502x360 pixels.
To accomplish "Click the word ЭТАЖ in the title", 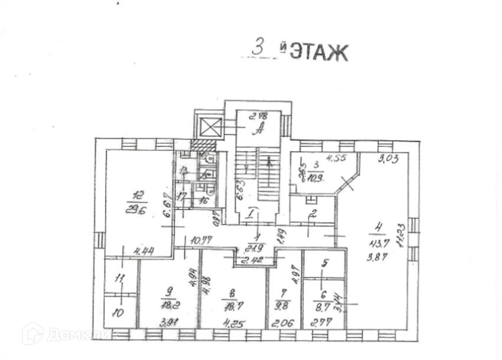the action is click(x=319, y=52).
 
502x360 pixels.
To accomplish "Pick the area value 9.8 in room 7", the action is click(x=284, y=306).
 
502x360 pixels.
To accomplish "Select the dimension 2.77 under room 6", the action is click(x=322, y=322).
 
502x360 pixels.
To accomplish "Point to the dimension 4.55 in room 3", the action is click(x=337, y=158).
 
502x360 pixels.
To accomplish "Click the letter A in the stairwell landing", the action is click(x=257, y=130).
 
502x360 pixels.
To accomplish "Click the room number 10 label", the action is click(x=118, y=313).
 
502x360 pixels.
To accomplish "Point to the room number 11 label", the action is click(x=120, y=279).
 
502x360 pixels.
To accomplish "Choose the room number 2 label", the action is click(x=314, y=213).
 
